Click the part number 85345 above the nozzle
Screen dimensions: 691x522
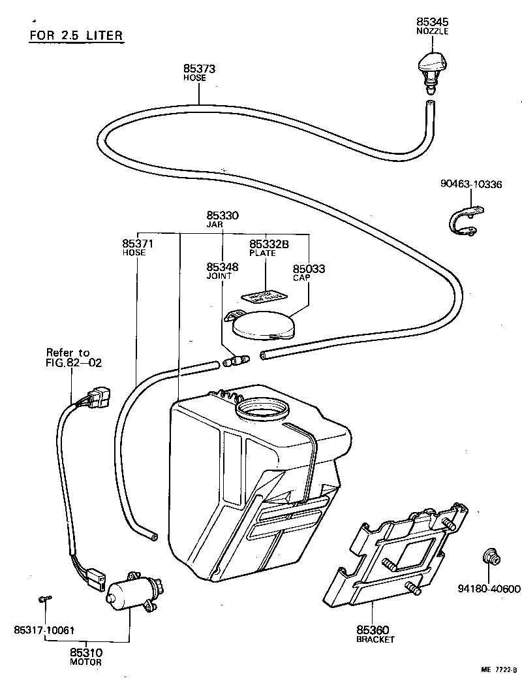coord(433,22)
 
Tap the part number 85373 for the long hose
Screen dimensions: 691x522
coord(199,69)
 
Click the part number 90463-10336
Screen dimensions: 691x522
coord(470,185)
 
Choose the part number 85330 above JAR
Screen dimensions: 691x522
coord(223,215)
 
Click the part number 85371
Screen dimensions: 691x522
coord(138,243)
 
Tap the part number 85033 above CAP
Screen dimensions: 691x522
coord(309,268)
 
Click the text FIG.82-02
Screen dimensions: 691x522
coord(74,363)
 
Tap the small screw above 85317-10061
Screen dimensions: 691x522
coord(44,598)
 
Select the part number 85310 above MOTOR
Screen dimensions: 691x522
coord(86,652)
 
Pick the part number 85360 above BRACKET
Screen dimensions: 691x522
coord(373,630)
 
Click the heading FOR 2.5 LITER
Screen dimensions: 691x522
coord(76,35)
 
